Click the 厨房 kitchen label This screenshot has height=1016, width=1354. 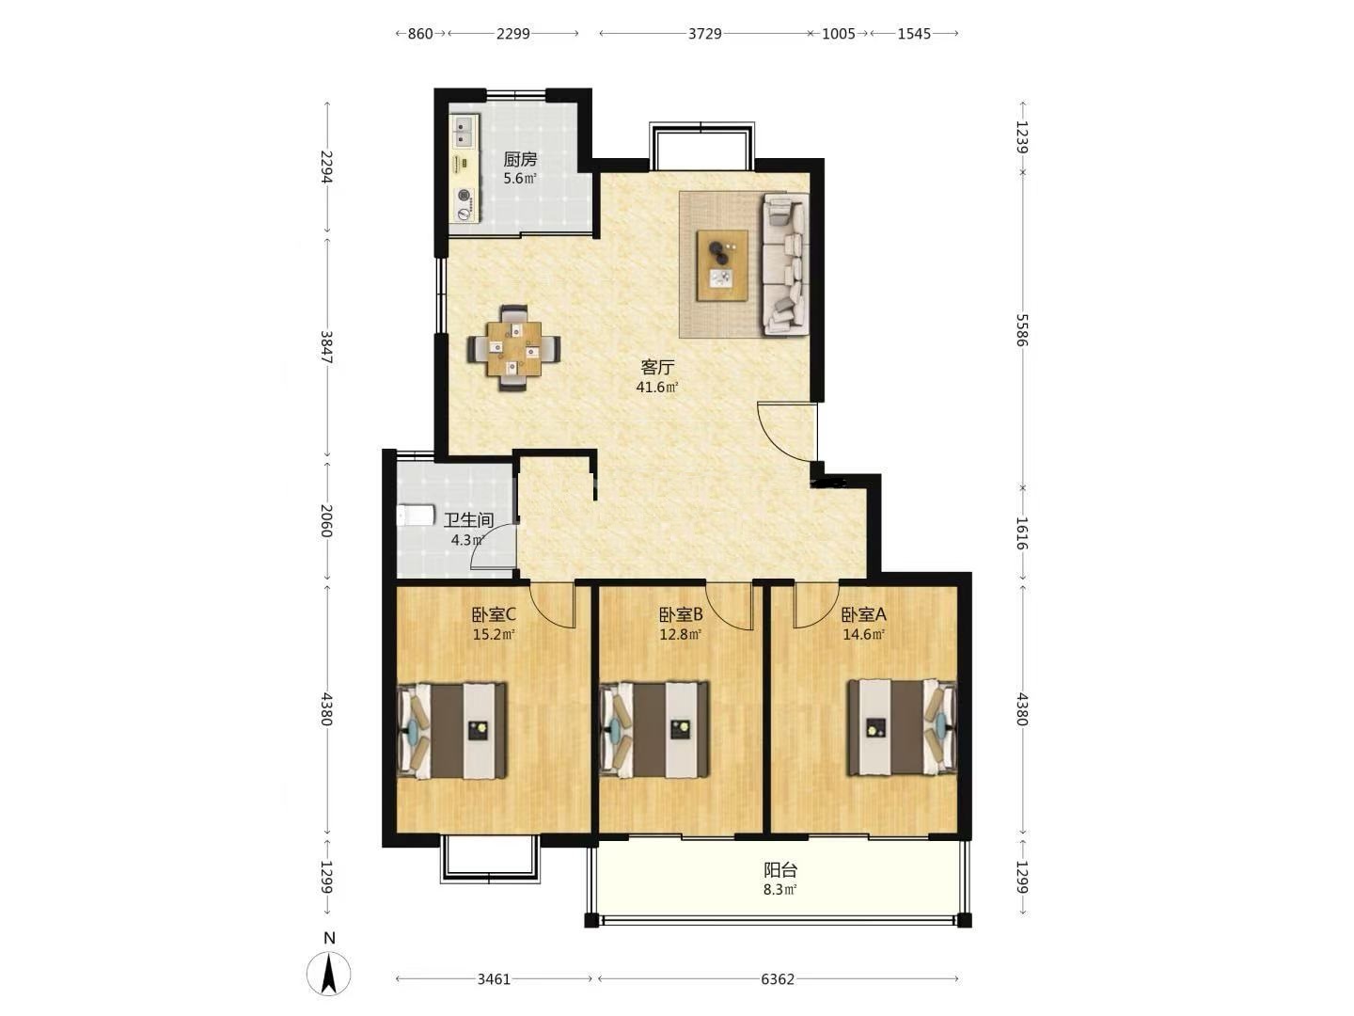(520, 160)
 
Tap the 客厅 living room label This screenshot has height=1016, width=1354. (657, 368)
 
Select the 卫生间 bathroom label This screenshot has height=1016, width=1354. (469, 520)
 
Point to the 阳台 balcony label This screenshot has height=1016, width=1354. (780, 870)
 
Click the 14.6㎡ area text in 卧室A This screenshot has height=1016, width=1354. (863, 634)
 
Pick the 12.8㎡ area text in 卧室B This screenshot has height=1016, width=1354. (681, 634)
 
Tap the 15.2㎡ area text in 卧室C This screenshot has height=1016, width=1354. (494, 634)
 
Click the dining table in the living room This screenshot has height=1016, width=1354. (513, 348)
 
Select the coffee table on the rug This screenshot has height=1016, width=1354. (722, 266)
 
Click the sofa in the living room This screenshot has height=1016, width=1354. (786, 264)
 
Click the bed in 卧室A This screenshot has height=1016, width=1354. (901, 728)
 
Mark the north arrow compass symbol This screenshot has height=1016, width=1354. (329, 974)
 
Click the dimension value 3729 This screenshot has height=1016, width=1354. (705, 33)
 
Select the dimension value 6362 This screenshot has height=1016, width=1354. (778, 979)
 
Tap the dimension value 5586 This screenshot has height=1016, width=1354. (1022, 330)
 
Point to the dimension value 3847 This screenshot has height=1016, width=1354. (326, 347)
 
